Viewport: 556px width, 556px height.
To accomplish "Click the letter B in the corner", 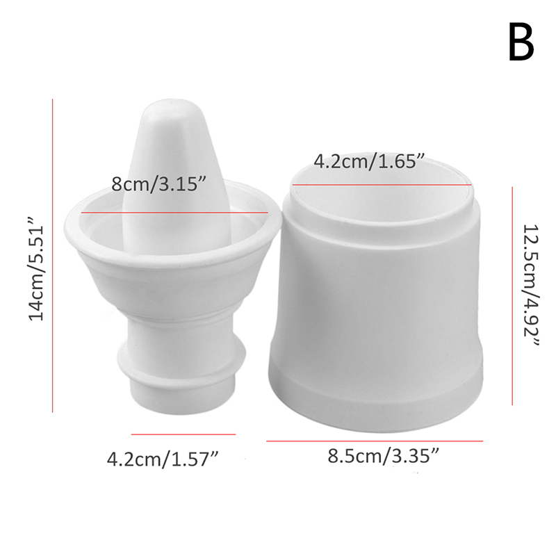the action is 521,42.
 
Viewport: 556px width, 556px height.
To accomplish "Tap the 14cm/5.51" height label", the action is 36,273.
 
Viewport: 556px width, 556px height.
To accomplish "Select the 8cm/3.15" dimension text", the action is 158,184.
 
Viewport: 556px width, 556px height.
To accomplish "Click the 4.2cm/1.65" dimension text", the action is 369,161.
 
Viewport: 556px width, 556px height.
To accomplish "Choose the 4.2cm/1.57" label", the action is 163,459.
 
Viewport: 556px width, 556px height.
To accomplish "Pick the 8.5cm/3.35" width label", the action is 384,455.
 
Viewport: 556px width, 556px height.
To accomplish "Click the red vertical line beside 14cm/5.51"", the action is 53,256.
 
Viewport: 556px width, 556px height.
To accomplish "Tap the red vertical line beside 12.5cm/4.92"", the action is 512,296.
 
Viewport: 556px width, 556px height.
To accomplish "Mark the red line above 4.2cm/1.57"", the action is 183,434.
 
